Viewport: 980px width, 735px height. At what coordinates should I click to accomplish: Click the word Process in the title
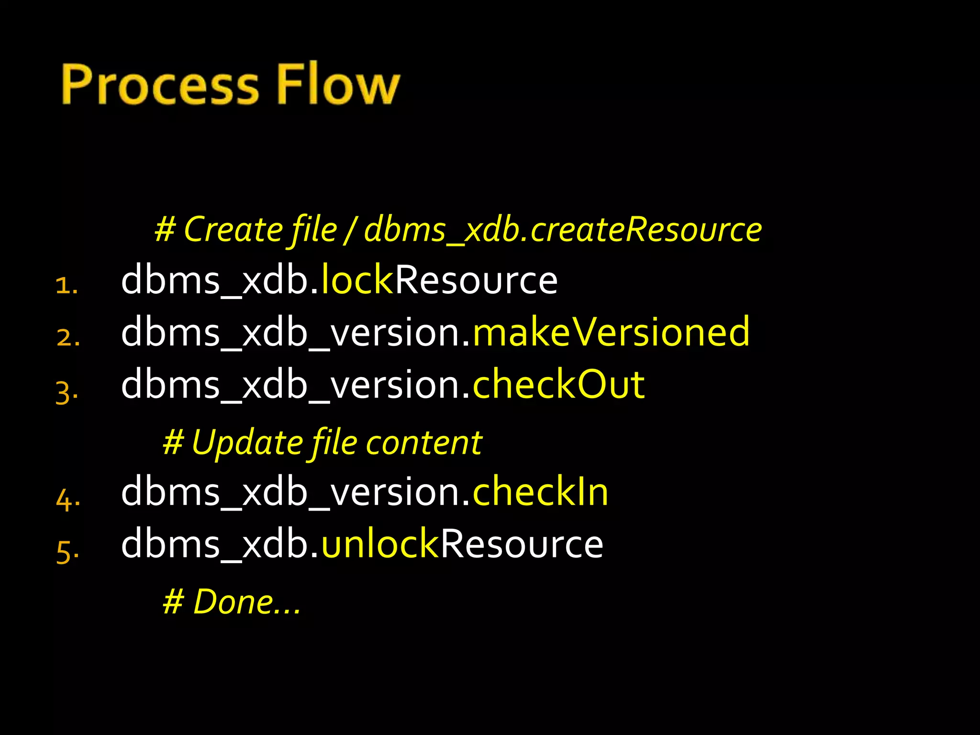coord(160,85)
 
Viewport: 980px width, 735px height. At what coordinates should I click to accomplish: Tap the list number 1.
coord(66,286)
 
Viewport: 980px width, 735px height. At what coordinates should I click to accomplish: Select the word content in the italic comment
coord(424,443)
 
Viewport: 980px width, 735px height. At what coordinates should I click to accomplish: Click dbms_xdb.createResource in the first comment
coord(563,230)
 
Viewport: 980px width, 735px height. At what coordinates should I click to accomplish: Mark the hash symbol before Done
coord(173,602)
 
